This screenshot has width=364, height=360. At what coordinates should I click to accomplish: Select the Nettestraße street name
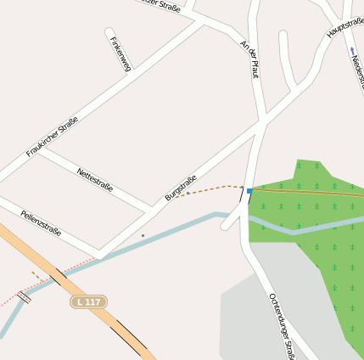tap(95, 179)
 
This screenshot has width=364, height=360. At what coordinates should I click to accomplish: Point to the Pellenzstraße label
tap(41, 223)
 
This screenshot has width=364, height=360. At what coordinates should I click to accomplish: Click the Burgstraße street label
tap(181, 188)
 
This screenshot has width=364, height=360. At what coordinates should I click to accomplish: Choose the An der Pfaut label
tap(249, 58)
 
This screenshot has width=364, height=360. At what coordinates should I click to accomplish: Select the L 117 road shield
tap(87, 301)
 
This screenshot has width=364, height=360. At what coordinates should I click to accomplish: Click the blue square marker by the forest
tap(249, 192)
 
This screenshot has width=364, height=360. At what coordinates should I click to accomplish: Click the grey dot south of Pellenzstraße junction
tap(143, 235)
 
